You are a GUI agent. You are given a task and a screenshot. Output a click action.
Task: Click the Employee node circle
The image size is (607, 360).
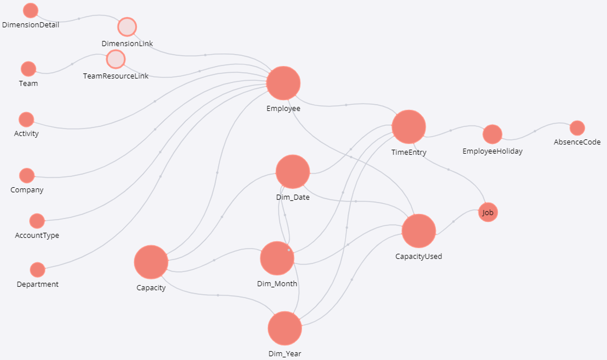tap(283, 83)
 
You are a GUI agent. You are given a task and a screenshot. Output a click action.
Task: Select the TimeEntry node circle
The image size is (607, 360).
tap(409, 126)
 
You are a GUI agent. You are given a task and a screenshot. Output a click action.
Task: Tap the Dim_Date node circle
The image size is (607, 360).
tap(293, 172)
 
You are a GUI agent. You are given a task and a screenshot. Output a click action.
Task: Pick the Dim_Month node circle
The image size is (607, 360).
tap(277, 258)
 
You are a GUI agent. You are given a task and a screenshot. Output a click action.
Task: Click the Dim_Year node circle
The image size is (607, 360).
tap(285, 329)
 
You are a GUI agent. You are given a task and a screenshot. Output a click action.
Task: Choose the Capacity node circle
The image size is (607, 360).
tap(151, 262)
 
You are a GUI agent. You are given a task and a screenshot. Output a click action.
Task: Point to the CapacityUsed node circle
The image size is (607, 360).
tap(419, 231)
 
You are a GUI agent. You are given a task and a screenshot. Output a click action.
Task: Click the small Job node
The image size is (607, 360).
tap(488, 212)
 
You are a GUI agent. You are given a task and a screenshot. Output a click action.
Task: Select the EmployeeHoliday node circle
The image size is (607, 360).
tap(492, 134)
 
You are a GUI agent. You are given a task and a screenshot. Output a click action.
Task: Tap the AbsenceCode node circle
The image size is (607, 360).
tap(577, 128)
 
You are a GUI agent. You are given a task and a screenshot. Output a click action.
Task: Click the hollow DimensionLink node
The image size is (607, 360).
tap(127, 27)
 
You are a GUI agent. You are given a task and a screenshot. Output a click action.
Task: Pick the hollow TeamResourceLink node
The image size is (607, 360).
tap(116, 59)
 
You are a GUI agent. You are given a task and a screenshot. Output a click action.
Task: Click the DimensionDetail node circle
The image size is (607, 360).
tap(31, 10)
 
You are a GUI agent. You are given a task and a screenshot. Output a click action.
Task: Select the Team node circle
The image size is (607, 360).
tap(28, 69)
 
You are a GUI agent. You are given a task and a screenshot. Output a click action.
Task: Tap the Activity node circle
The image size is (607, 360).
tap(26, 120)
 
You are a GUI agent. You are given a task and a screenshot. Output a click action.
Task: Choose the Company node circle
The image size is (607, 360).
tap(27, 175)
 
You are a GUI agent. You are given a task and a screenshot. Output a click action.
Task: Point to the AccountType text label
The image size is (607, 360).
tap(37, 236)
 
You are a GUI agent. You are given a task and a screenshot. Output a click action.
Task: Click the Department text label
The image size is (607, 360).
tap(38, 284)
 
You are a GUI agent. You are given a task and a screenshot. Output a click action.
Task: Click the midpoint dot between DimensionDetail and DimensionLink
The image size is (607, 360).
tap(78, 19)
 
